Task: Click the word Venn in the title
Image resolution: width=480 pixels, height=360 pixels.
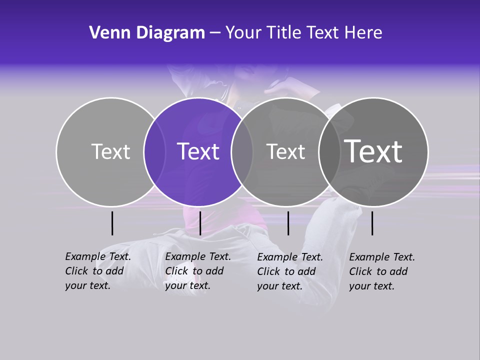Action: point(106,33)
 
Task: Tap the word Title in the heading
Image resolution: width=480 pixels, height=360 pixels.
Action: point(284,33)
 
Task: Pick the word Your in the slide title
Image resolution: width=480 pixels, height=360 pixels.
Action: point(243,33)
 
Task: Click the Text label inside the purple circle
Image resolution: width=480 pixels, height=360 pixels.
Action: point(198,151)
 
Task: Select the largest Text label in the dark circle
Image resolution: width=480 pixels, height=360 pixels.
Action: point(373,151)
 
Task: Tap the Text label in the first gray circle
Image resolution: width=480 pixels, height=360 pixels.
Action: point(111,151)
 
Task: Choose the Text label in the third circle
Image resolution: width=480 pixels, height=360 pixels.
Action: point(286,151)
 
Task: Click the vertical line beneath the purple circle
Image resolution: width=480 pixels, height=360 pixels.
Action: point(200,223)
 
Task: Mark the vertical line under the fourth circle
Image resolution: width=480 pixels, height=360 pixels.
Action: point(372,223)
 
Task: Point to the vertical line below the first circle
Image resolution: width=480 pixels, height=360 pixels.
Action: point(112,223)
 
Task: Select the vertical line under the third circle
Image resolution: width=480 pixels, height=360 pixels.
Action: point(288,223)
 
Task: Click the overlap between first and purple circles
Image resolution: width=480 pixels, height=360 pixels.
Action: point(154,152)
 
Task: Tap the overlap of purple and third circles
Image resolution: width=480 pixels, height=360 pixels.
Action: point(242,152)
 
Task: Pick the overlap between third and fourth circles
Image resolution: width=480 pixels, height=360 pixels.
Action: point(329,152)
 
